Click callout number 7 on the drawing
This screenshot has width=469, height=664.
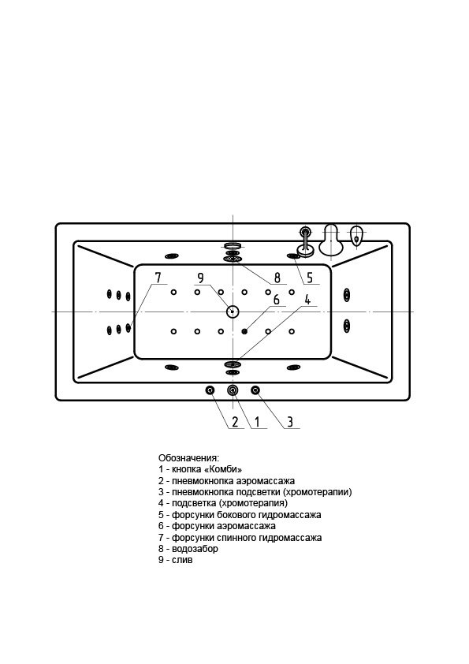pyautogui.click(x=158, y=278)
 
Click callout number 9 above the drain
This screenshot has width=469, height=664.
pyautogui.click(x=201, y=278)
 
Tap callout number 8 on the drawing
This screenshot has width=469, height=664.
pyautogui.click(x=277, y=278)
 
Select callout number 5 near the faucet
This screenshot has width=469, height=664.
pyautogui.click(x=310, y=278)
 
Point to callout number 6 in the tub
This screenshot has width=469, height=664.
pyautogui.click(x=277, y=300)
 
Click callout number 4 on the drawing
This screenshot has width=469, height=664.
pyautogui.click(x=307, y=300)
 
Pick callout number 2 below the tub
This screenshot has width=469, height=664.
pyautogui.click(x=235, y=422)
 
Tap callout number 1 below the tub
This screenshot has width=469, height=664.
pyautogui.click(x=256, y=422)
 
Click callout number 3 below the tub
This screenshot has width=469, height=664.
pyautogui.click(x=290, y=422)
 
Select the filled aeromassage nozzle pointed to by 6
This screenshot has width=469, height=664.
pyautogui.click(x=244, y=331)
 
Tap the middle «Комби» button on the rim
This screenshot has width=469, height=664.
pyautogui.click(x=233, y=390)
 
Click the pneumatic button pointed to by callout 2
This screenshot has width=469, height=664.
pyautogui.click(x=210, y=390)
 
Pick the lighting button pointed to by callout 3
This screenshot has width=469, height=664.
pyautogui.click(x=255, y=390)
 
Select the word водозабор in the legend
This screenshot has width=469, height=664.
pyautogui.click(x=195, y=549)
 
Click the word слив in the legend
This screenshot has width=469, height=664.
pyautogui.click(x=182, y=560)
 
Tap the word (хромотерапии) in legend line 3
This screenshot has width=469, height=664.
pyautogui.click(x=318, y=492)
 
